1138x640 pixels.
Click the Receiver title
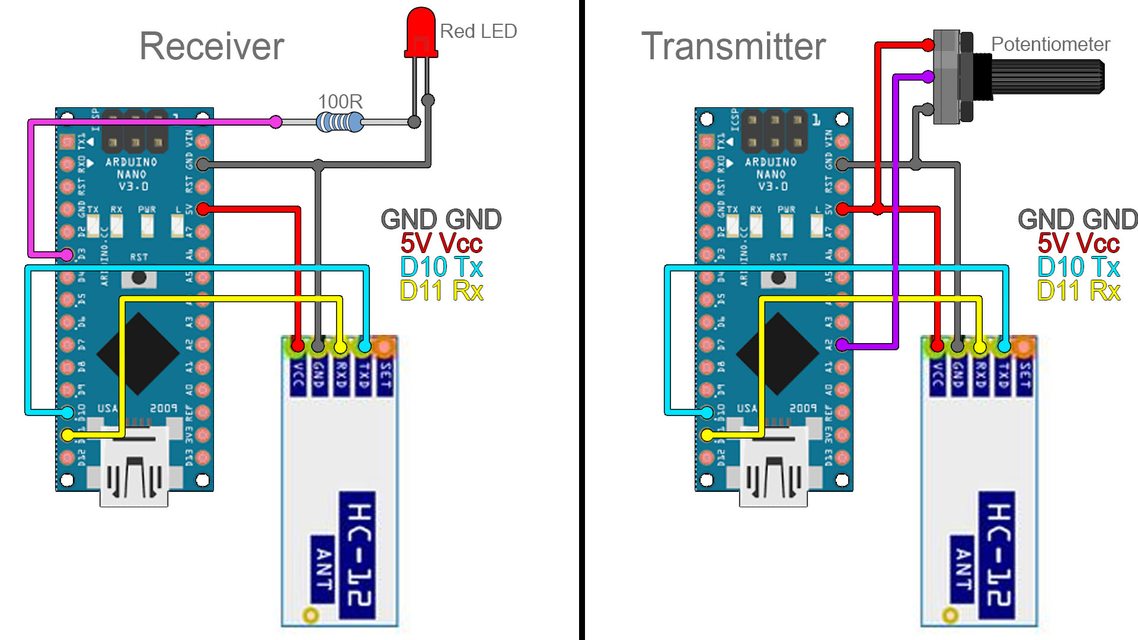tap(212, 46)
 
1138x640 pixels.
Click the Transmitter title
tap(733, 46)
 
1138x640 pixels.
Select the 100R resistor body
tap(340, 123)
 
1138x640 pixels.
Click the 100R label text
tap(340, 101)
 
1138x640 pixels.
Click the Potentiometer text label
tap(1050, 44)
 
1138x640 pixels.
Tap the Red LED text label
tap(478, 31)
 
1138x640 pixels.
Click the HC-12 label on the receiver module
tap(357, 554)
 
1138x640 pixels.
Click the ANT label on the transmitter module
tap(963, 569)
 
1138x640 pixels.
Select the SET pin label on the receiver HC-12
tap(385, 377)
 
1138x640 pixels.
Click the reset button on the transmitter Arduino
tap(778, 277)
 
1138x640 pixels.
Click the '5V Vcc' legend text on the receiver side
tap(442, 244)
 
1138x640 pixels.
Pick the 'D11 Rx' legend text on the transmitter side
tap(1079, 291)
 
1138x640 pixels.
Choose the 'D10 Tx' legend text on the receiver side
tap(442, 267)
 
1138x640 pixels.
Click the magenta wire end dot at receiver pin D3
tap(68, 255)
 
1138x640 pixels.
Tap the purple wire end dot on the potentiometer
tap(928, 76)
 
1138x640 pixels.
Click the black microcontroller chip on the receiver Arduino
tap(138, 354)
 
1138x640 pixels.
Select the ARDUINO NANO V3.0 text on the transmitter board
tap(771, 174)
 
